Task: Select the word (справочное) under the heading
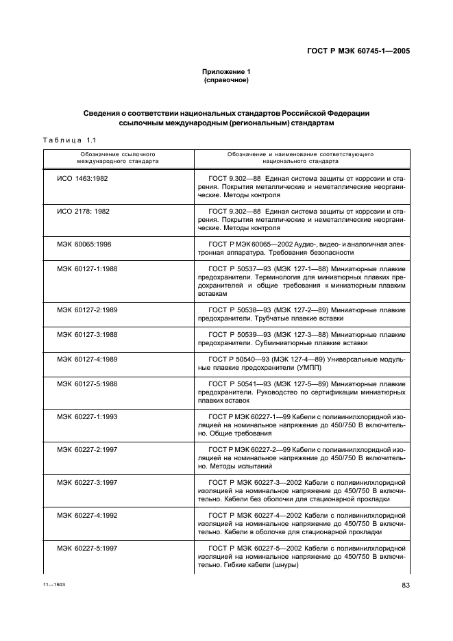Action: (x=226, y=81)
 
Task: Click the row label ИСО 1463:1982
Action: (x=83, y=178)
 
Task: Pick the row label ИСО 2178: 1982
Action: (x=84, y=211)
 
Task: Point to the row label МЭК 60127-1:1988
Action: (x=87, y=268)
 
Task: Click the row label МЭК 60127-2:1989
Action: (x=87, y=310)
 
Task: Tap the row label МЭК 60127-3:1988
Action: (x=87, y=334)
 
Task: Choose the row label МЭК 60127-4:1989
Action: (x=87, y=359)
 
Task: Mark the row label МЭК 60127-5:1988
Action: (x=87, y=384)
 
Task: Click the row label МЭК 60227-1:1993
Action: (x=87, y=416)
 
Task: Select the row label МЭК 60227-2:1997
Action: (x=87, y=449)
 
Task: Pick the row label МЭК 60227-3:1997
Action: (x=87, y=482)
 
